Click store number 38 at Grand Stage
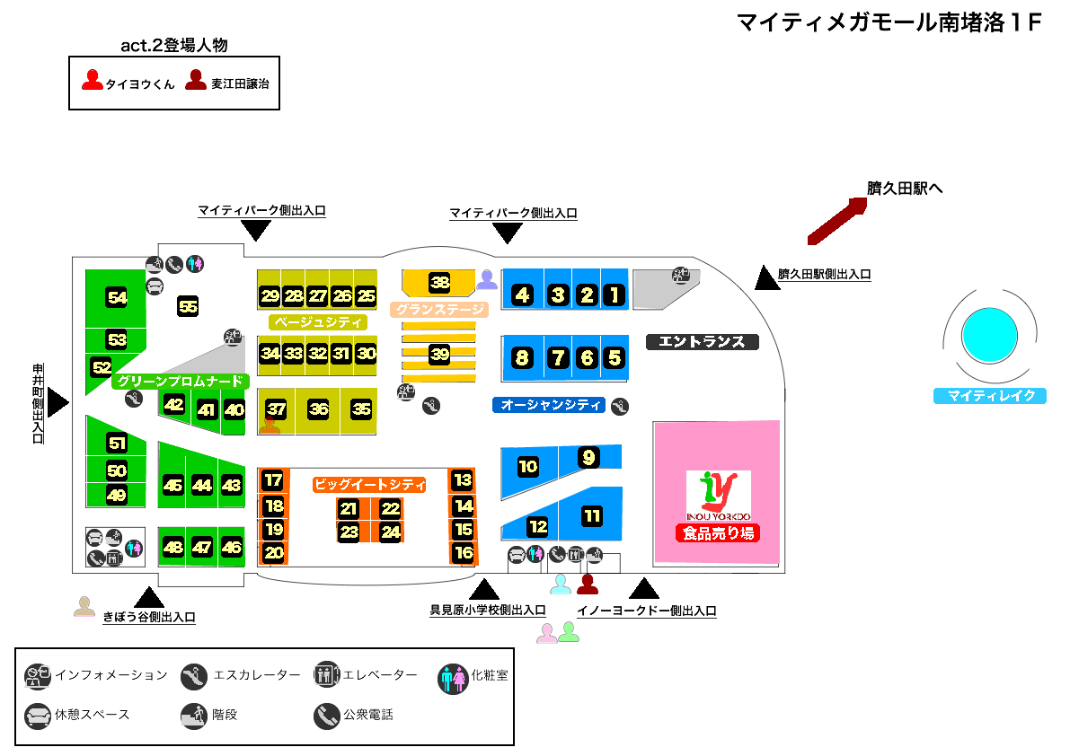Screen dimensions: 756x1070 (439, 283)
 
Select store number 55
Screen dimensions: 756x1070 (188, 306)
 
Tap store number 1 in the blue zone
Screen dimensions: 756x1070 (614, 294)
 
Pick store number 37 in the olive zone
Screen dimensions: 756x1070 (276, 409)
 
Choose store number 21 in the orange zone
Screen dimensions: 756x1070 (349, 509)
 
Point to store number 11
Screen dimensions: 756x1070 (592, 516)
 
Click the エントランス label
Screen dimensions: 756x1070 (702, 341)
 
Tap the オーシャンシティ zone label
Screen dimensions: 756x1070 (550, 405)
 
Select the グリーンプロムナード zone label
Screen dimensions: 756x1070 (179, 381)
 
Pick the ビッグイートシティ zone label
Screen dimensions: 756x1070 (368, 484)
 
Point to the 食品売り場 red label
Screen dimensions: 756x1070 (718, 533)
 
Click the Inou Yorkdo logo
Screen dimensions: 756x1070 (718, 495)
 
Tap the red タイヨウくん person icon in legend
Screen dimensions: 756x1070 (92, 81)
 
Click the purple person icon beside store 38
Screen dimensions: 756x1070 (486, 279)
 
